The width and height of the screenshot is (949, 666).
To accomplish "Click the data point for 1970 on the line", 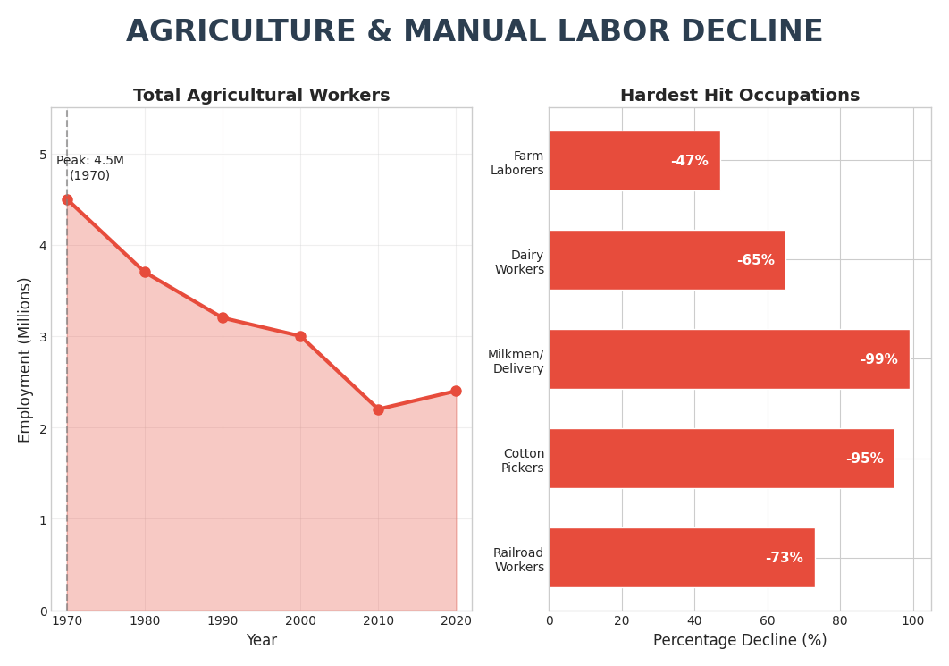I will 67,200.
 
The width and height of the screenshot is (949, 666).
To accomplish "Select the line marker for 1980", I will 145,273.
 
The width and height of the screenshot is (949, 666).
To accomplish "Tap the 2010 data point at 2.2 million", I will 378,409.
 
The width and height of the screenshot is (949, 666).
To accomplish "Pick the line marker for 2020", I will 456,392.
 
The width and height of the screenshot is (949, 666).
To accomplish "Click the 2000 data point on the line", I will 300,337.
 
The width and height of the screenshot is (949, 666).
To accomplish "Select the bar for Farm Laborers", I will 634,161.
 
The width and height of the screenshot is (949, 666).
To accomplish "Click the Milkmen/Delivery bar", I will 728,359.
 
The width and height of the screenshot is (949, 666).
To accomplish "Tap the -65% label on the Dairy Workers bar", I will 756,260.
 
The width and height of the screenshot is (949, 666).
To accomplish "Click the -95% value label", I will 864,459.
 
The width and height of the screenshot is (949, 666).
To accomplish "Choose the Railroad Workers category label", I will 519,560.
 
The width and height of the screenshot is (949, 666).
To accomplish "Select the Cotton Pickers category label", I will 523,460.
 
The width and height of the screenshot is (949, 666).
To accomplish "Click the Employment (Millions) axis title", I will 25,359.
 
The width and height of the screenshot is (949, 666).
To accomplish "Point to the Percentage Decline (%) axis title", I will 740,640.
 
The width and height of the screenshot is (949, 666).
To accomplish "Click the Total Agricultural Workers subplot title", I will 262,96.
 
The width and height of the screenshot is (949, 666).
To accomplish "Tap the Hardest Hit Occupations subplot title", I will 740,96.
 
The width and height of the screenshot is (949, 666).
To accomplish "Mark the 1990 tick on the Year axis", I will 223,620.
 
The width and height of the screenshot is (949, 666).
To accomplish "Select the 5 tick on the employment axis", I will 43,155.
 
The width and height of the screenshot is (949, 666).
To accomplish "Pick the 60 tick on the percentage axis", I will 767,620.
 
